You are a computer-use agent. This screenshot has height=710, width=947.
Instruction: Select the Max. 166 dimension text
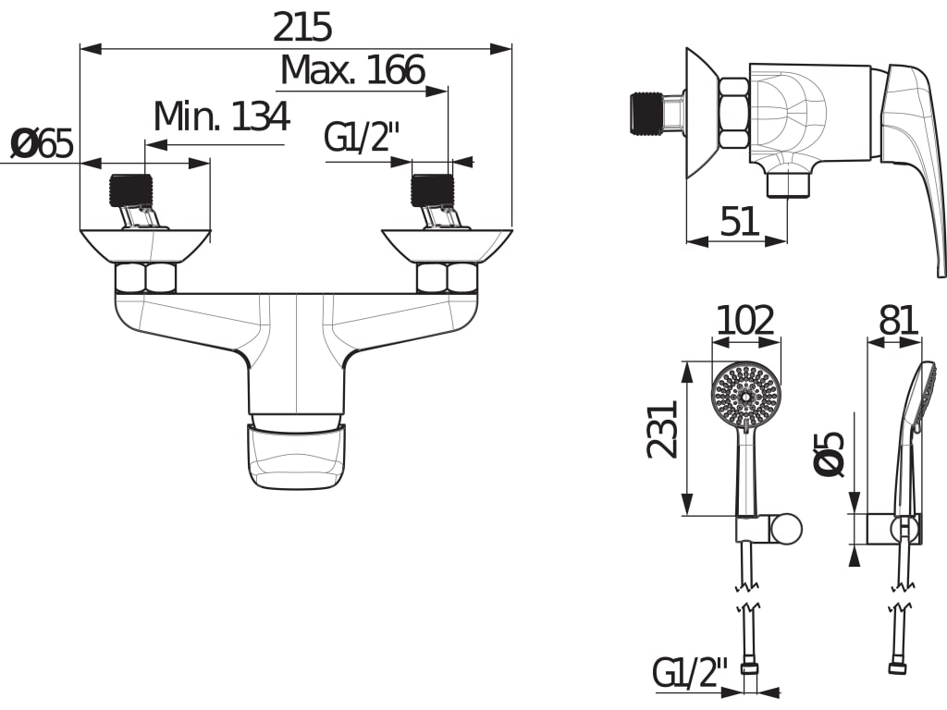click(352, 70)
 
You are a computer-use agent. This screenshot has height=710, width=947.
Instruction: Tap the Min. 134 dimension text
click(221, 117)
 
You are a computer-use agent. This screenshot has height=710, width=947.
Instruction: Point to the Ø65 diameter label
click(42, 144)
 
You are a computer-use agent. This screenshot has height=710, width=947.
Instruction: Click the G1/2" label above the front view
click(362, 138)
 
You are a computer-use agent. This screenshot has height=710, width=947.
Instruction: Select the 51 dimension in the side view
click(739, 222)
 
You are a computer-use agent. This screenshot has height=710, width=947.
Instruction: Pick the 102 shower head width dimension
click(745, 321)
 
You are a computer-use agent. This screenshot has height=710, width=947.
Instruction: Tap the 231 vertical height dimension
click(663, 429)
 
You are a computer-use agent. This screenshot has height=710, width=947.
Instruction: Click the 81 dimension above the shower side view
click(897, 321)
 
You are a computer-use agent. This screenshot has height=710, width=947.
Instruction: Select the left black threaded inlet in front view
click(129, 190)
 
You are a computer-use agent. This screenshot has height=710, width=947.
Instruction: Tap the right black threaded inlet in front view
click(432, 190)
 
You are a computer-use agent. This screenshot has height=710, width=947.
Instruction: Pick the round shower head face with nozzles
click(746, 395)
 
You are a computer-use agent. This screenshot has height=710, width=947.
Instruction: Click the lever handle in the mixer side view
click(913, 157)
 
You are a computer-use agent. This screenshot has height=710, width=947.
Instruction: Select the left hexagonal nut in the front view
click(145, 277)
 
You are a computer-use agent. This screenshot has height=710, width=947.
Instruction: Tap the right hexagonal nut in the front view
click(448, 277)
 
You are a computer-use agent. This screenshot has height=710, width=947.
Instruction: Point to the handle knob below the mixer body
click(297, 455)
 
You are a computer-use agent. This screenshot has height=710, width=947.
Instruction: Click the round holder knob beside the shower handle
click(787, 529)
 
